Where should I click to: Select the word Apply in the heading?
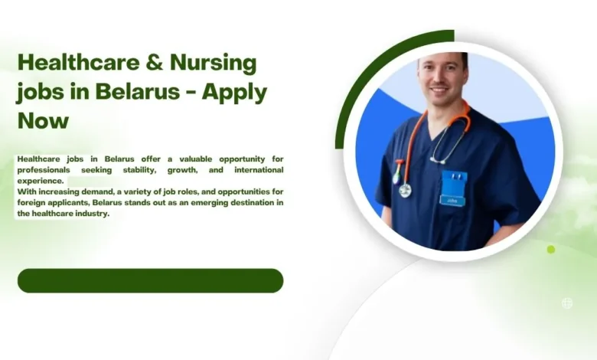coord(238,92)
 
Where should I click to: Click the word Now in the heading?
coord(43,120)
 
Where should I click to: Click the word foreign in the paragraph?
coord(32,202)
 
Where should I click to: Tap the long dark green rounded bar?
coord(150,280)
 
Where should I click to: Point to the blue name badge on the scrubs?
coord(453,188)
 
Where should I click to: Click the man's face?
coord(442,79)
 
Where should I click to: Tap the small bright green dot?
coord(551,249)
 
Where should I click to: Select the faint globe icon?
coord(567,303)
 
